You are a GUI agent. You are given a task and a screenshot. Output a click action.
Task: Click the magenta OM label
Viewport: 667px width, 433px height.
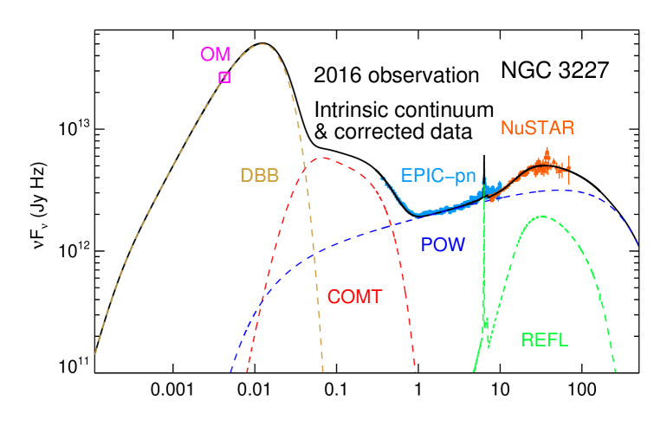[215, 55]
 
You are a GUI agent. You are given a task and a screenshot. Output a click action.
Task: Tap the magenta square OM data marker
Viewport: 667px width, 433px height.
[225, 77]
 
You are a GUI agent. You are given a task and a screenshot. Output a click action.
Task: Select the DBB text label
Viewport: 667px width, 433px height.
[259, 176]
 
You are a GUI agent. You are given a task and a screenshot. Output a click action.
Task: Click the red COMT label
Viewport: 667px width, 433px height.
[354, 297]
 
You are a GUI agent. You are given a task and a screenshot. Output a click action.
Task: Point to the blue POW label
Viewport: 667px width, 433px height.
[443, 245]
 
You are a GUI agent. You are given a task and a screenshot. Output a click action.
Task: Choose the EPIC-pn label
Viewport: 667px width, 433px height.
[438, 176]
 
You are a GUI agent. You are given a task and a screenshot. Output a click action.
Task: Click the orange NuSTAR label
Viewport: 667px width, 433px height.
[537, 129]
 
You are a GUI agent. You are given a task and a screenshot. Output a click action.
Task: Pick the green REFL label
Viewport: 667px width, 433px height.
[544, 340]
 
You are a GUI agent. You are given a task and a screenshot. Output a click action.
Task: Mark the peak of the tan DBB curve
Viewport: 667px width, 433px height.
[261, 44]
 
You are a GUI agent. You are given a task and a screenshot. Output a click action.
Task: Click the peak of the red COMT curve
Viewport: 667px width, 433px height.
[322, 158]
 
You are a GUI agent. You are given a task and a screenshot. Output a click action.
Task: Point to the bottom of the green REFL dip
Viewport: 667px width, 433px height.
[489, 345]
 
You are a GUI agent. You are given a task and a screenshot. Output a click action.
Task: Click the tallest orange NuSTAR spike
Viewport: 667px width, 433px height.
[547, 150]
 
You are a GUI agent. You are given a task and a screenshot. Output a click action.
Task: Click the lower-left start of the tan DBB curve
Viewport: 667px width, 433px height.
[94, 355]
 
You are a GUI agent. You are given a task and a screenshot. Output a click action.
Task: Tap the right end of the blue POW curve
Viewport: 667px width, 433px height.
[639, 245]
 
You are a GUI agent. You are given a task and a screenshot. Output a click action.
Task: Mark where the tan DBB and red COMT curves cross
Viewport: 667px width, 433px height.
[304, 167]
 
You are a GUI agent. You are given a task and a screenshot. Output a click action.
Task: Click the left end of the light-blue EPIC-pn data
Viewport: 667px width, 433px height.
[380, 178]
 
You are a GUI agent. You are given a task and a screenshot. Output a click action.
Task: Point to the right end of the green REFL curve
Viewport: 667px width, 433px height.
[615, 372]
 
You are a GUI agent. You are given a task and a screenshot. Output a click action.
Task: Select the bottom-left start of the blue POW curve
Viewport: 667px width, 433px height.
[230, 371]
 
